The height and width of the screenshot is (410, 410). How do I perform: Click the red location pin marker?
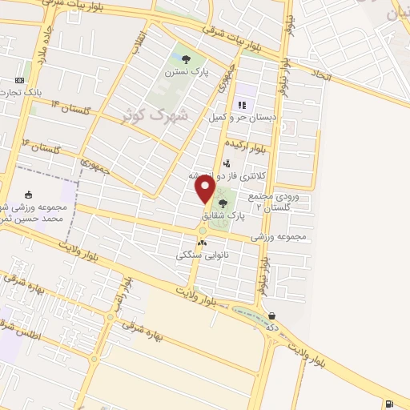click(206, 190)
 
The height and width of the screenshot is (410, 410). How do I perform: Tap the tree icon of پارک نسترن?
click(186, 58)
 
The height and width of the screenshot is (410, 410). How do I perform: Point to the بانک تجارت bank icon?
click(18, 81)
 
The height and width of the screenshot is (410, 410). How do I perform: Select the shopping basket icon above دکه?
click(273, 315)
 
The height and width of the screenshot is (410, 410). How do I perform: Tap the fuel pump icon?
click(388, 403)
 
